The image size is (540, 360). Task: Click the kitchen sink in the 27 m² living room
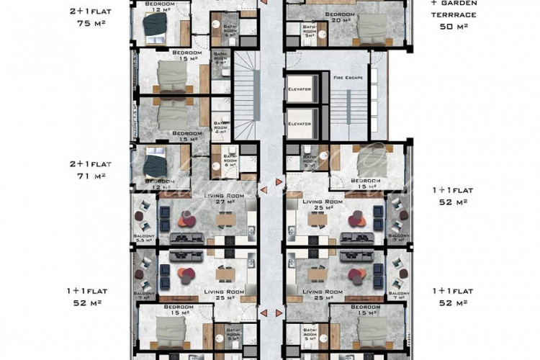pyautogui.click(x=250, y=231)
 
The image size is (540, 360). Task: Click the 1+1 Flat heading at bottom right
pyautogui.click(x=452, y=291)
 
